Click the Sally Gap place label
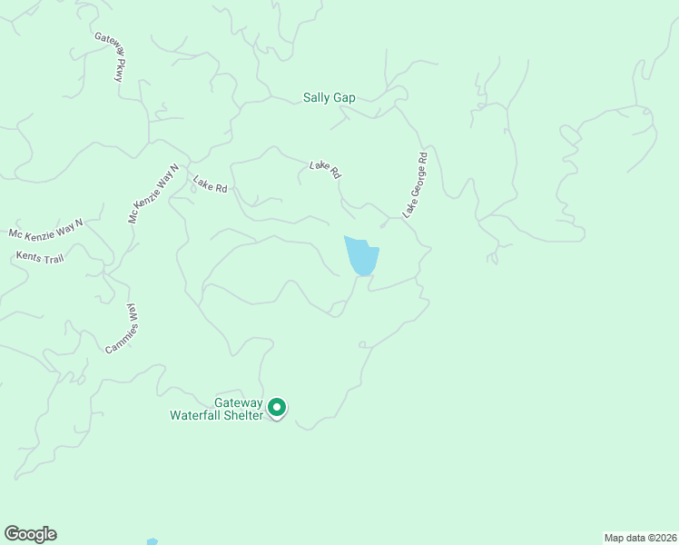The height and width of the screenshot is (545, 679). click(330, 97)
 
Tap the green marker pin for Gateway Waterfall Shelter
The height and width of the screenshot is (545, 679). click(279, 408)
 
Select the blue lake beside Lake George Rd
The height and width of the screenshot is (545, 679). click(360, 256)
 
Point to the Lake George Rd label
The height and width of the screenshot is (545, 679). click(415, 184)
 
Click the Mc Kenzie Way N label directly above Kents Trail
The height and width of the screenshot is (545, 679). click(45, 228)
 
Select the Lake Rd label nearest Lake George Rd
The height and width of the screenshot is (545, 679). click(324, 169)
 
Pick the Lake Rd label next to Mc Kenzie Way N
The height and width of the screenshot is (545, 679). click(209, 185)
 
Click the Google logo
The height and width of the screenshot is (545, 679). click(30, 534)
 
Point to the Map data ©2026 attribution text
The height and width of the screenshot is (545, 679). click(639, 537)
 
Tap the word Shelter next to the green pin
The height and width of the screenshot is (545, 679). click(248, 415)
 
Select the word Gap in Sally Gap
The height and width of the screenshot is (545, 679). click(344, 97)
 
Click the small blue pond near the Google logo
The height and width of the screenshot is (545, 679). click(152, 541)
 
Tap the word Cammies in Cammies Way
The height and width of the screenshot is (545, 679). click(119, 335)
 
